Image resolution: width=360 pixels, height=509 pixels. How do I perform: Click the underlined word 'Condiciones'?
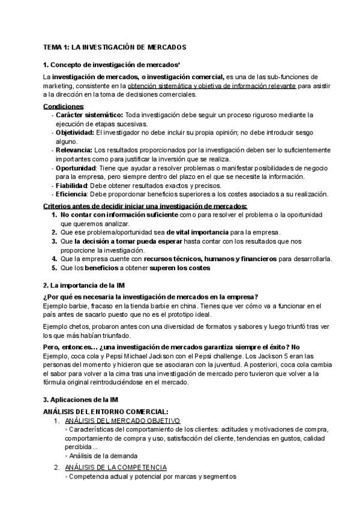(64, 106)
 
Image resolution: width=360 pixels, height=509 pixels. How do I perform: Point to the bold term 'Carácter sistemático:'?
(90, 115)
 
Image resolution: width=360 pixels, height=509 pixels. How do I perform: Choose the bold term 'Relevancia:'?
(74, 150)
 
